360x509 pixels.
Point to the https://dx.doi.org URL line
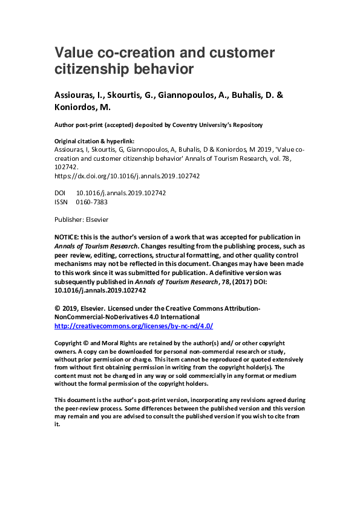point(127,176)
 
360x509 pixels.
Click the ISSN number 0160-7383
point(91,202)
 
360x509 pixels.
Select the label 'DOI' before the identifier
point(61,193)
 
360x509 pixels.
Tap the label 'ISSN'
point(61,202)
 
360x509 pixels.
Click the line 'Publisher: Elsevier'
point(81,219)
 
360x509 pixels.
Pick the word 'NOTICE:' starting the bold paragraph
point(68,236)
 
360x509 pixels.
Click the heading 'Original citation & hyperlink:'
point(94,140)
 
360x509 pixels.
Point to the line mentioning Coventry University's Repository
point(159,125)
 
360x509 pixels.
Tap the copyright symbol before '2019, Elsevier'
point(57,308)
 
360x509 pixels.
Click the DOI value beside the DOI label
point(120,193)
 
